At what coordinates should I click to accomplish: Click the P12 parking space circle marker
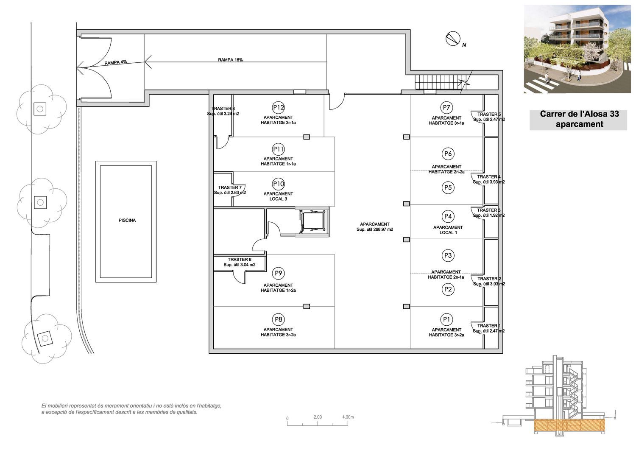278,107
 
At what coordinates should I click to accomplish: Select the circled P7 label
446,107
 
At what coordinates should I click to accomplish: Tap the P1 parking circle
446,319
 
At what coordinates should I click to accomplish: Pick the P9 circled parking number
278,273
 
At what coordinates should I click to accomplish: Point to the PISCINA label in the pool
127,220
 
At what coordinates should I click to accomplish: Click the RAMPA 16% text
230,60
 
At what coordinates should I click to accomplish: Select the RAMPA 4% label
116,62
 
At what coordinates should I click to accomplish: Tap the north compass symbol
453,38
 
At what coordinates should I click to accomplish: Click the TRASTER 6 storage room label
240,260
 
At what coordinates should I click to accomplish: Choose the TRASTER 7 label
230,187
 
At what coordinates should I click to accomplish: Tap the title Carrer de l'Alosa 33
579,114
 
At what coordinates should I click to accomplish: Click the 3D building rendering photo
577,49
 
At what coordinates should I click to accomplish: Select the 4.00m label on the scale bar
348,417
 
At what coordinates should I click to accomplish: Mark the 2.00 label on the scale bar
318,417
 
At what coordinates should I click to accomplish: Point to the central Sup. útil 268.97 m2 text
375,229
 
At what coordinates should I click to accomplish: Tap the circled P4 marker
448,216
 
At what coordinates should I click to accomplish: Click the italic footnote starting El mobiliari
131,409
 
